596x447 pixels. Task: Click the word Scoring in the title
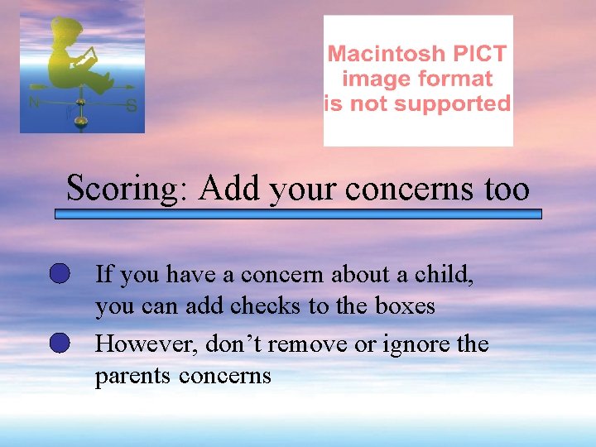tap(120, 190)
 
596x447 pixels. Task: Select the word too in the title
tap(505, 190)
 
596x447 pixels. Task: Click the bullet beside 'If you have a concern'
tap(59, 274)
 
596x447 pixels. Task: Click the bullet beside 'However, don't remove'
tap(59, 344)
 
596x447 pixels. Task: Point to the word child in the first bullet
tap(445, 273)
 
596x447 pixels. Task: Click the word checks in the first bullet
tap(266, 306)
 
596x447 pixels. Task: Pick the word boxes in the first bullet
tap(405, 306)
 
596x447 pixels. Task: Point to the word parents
tap(132, 376)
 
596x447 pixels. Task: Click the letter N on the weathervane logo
tap(34, 103)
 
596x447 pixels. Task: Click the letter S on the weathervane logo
tap(131, 106)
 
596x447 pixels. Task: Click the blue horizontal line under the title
tap(298, 214)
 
